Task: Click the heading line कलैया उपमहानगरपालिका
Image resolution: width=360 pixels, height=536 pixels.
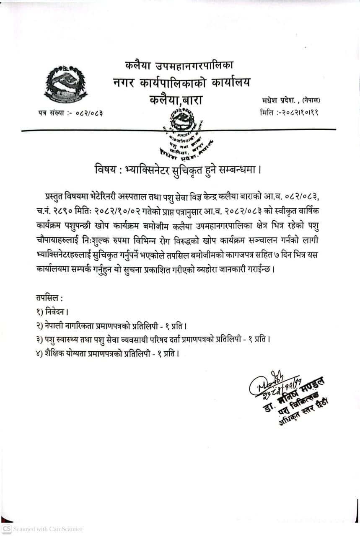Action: point(179,65)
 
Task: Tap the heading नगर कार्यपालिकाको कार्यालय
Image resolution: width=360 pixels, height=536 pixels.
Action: point(181,83)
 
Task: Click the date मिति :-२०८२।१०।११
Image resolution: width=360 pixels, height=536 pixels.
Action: point(289,112)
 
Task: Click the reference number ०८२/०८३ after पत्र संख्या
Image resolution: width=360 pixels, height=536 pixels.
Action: point(89,113)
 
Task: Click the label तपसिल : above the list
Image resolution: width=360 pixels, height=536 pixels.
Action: point(49,299)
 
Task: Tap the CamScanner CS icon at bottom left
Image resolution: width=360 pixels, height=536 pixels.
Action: point(6,529)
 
